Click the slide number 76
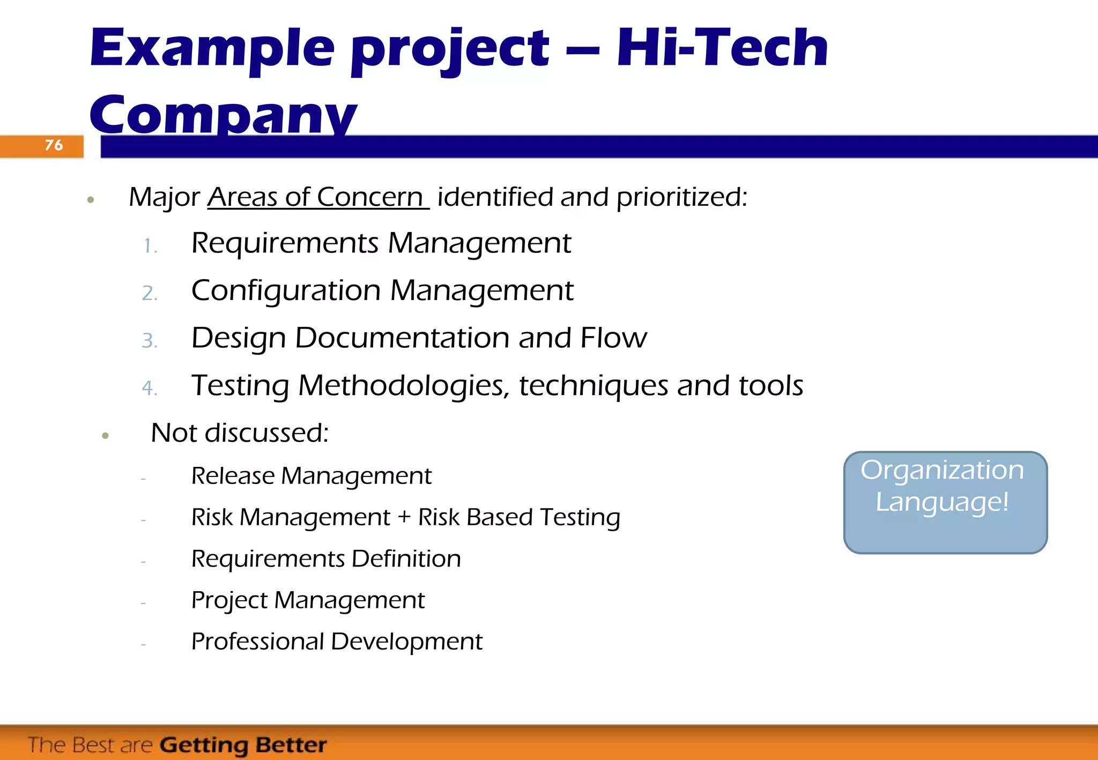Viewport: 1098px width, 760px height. coord(54,145)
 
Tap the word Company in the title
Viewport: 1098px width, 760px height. coord(222,115)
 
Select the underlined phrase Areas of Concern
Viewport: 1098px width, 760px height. coord(317,197)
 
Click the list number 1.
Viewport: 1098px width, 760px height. coord(150,246)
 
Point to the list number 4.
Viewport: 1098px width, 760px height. coord(150,388)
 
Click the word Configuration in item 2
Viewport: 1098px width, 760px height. coord(286,290)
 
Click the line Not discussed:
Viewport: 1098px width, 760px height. coord(240,433)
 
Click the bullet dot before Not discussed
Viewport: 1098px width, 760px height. coord(105,436)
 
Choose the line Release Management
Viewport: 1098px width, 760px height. coord(311,476)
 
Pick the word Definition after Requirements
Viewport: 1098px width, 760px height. coord(406,558)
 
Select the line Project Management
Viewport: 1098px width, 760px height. coord(308,600)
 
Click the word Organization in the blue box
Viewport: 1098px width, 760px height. coord(942,471)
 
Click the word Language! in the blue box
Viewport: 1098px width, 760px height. coord(942,502)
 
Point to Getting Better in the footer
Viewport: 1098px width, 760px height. coord(243,745)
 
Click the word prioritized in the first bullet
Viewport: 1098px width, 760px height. coord(681,197)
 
